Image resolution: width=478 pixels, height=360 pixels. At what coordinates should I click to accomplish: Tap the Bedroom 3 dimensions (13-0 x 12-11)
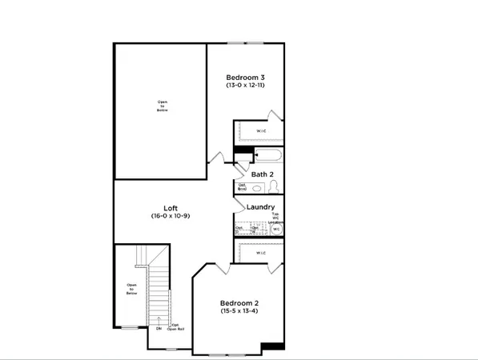click(246, 86)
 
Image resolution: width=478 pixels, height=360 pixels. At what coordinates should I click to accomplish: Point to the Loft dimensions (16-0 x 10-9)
click(171, 216)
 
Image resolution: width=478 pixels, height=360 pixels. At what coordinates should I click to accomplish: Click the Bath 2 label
click(263, 174)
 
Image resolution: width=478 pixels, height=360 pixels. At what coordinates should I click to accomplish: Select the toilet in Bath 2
click(274, 186)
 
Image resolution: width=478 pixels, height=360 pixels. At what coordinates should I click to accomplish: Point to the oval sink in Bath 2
click(255, 189)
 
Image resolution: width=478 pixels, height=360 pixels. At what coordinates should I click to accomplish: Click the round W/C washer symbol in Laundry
click(276, 230)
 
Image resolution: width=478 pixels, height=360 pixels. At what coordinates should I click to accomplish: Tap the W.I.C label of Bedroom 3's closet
click(262, 130)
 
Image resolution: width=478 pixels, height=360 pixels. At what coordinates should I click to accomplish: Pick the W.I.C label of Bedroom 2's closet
click(262, 254)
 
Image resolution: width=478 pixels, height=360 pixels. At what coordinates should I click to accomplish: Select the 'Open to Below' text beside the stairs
click(132, 289)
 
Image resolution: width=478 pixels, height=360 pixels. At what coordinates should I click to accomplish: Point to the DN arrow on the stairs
click(159, 328)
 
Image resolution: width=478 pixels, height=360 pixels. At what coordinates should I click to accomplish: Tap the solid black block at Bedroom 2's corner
click(273, 346)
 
